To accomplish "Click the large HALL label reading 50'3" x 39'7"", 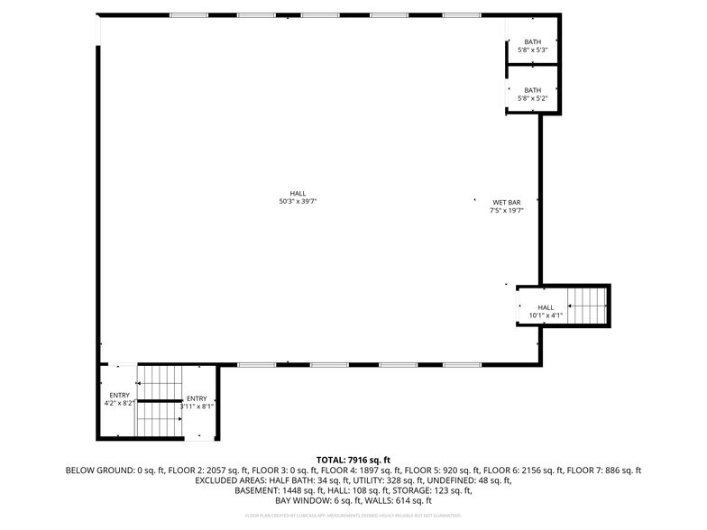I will pos(298,197).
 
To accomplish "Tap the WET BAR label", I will pos(506,206).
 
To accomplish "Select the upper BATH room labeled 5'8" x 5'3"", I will pos(532,46).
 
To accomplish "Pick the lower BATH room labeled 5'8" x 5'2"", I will pos(532,95).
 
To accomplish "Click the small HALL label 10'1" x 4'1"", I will pos(546,311).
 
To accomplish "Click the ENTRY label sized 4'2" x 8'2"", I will pos(119,399).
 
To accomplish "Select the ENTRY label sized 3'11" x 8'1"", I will pos(197,403).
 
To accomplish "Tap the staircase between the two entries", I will pos(160,400).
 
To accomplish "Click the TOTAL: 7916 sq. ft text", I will pos(353,460).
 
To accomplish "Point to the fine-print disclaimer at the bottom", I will pos(353,516).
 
